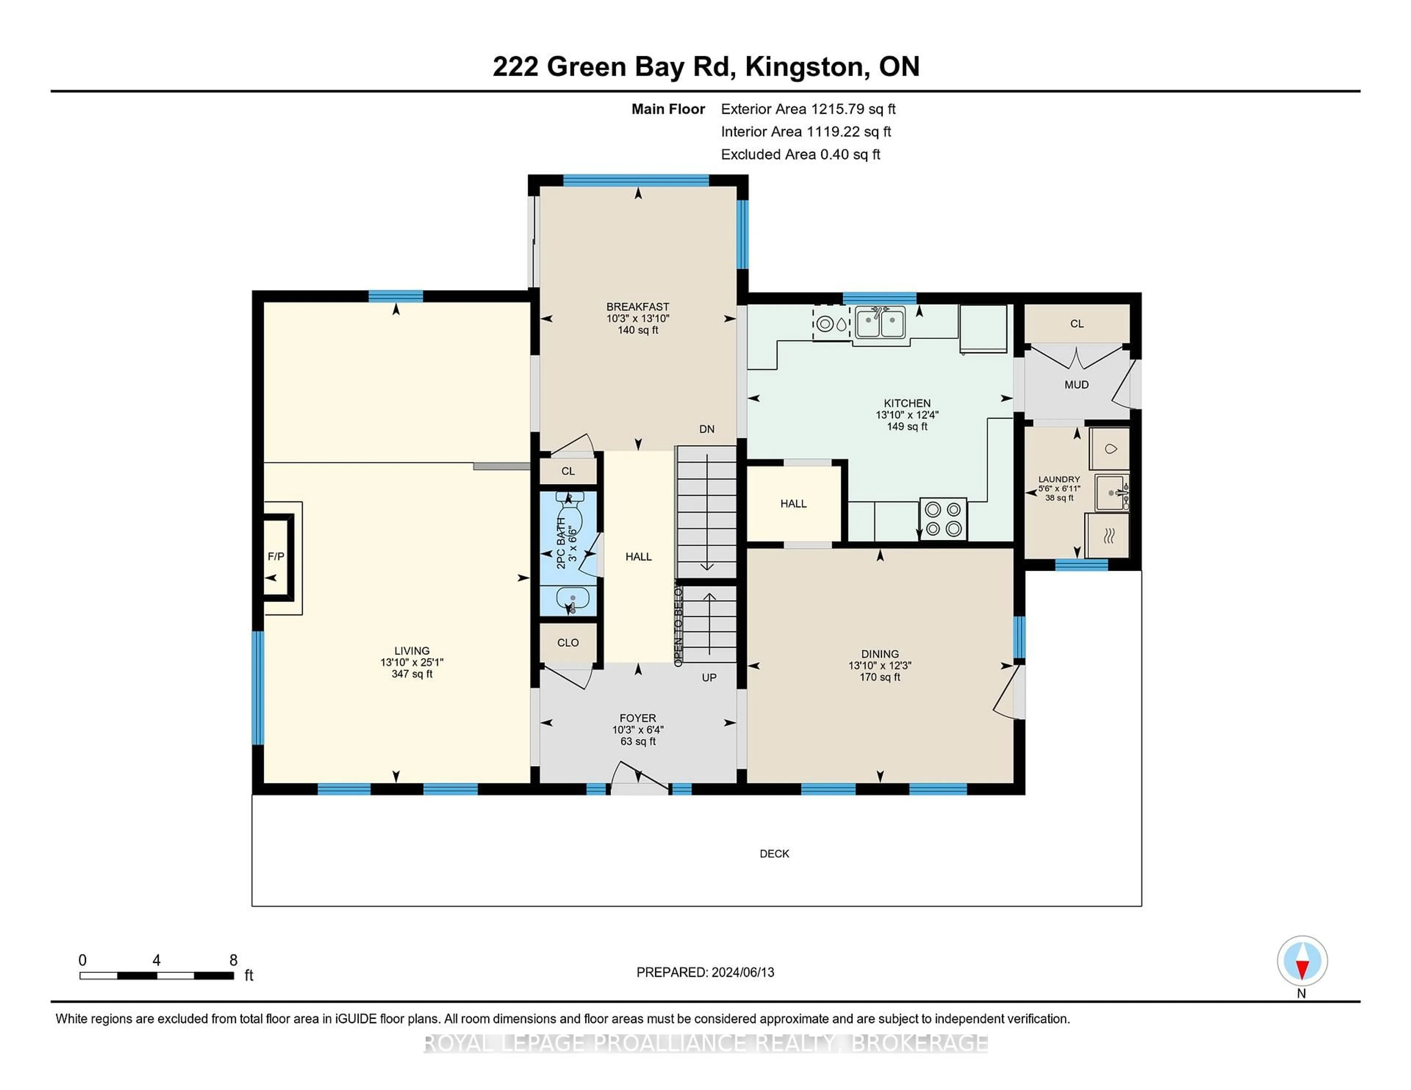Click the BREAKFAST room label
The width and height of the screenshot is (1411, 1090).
[637, 307]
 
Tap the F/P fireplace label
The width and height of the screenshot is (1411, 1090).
[276, 556]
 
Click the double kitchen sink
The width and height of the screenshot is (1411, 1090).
[880, 322]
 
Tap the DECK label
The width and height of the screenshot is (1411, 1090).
[774, 853]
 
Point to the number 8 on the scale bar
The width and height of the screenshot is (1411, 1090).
[233, 960]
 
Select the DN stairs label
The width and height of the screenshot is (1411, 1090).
[707, 429]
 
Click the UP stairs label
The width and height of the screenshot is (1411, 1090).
[709, 677]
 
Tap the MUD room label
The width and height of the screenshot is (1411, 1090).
[1076, 385]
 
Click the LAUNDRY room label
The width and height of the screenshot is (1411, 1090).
[1059, 479]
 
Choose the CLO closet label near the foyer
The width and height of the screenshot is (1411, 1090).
[568, 643]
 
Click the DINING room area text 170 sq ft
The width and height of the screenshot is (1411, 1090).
[879, 677]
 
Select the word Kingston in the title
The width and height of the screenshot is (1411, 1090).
[806, 66]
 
